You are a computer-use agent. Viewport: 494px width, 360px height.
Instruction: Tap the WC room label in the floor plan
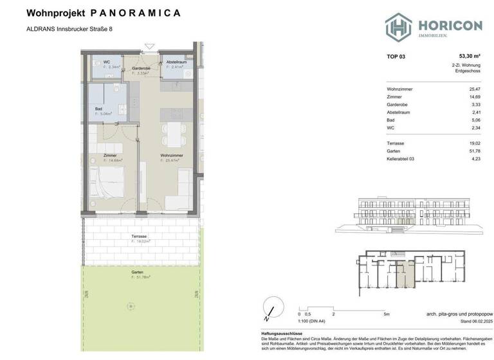98,62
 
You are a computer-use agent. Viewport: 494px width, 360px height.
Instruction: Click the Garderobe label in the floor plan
141,67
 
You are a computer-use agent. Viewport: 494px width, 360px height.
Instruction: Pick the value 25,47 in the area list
474,89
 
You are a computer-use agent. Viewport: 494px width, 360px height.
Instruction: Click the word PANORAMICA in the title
136,12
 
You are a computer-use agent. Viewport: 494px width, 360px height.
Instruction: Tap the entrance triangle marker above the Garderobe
150,45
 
